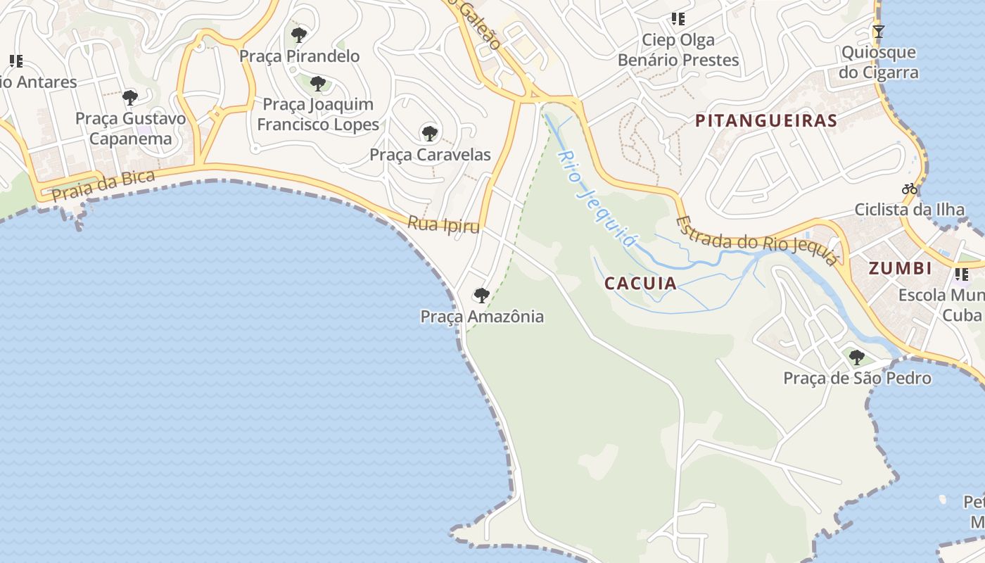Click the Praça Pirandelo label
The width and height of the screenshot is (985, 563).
coord(299,56)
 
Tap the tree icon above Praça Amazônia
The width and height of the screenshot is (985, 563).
coord(482,295)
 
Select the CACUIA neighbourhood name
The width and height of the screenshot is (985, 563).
coord(640,284)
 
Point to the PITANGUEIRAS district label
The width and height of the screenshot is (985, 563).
coord(766,121)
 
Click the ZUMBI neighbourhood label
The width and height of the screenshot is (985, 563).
coord(900,268)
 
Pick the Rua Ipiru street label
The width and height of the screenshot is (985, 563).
coord(443,225)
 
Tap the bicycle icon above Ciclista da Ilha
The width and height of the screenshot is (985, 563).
coord(910,189)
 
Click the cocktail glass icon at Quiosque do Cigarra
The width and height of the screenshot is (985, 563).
coord(878,31)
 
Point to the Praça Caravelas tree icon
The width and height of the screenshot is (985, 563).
coord(429,132)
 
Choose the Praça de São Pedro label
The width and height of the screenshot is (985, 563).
coord(857,379)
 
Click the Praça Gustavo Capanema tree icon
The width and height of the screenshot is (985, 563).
coord(129,96)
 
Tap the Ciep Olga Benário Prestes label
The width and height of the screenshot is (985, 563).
coord(678,50)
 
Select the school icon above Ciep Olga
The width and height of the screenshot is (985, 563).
coord(678,19)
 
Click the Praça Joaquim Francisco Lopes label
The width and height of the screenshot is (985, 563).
coord(318,115)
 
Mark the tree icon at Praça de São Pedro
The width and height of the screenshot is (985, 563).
coord(856,357)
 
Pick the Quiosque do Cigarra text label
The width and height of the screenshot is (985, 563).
coord(879,63)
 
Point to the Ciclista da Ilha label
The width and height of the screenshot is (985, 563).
coord(909,210)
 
